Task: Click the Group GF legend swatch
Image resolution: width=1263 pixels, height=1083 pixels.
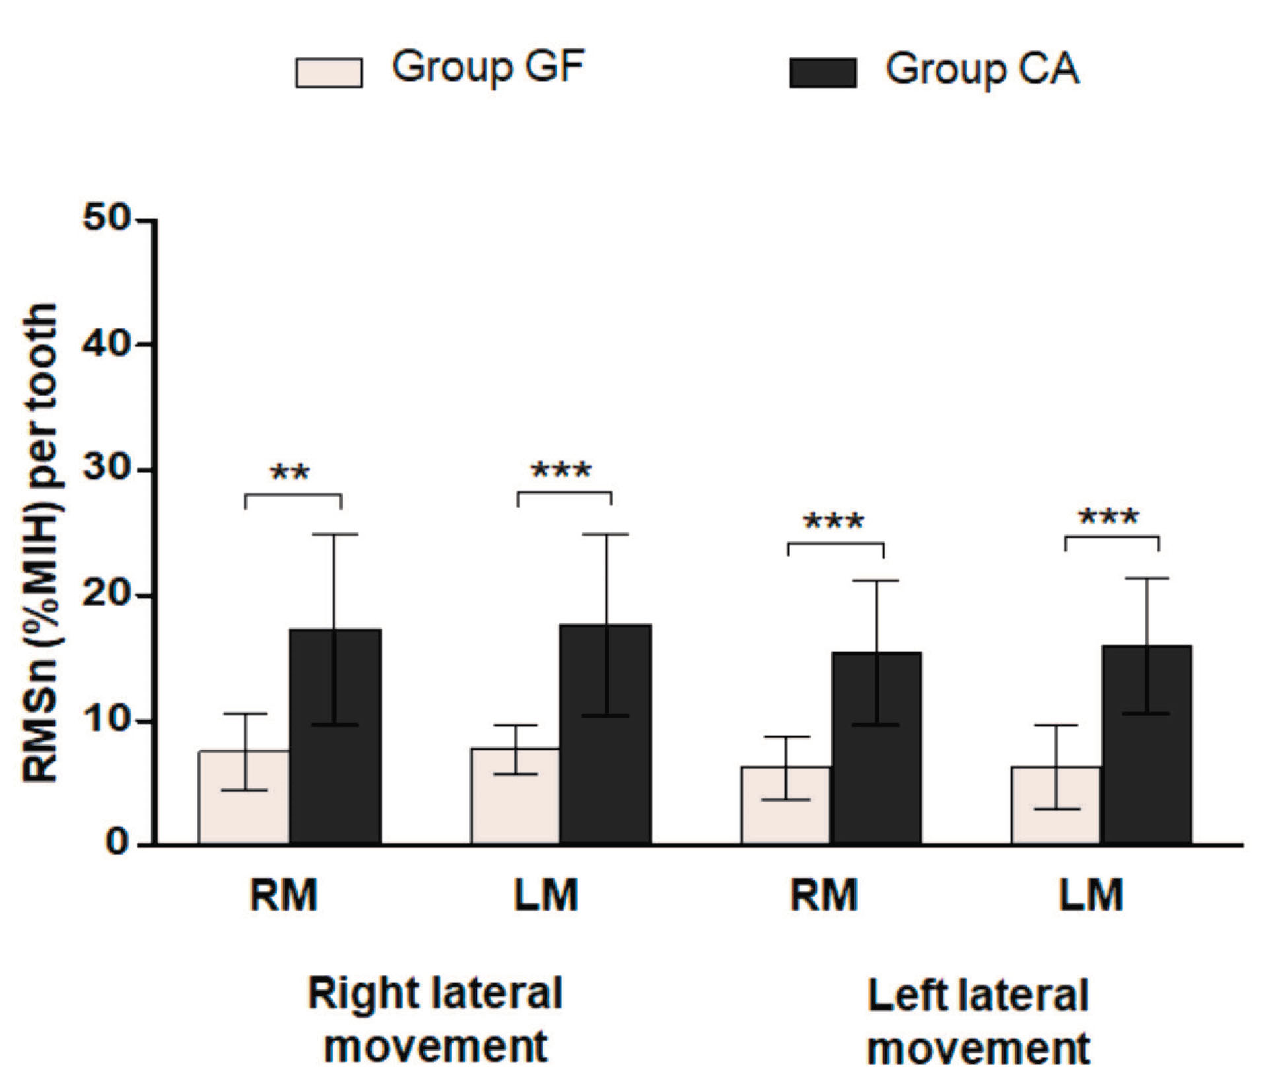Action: (x=329, y=73)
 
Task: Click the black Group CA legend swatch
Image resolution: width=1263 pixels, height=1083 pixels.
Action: (x=823, y=73)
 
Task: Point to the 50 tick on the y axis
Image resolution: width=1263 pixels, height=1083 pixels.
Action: (x=106, y=219)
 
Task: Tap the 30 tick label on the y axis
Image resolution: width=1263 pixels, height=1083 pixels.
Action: (x=106, y=469)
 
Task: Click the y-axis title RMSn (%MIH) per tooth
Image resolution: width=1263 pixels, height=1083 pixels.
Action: (x=41, y=541)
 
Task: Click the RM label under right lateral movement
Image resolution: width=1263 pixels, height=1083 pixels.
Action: (x=284, y=895)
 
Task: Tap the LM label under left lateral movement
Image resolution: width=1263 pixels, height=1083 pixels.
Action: (x=1091, y=895)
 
